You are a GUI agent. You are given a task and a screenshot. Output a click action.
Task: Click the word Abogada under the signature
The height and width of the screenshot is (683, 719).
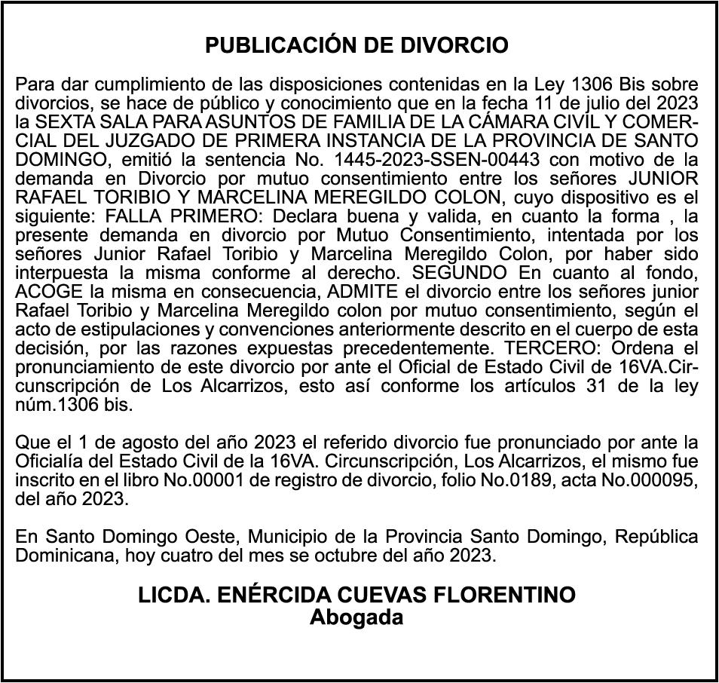[x=357, y=617]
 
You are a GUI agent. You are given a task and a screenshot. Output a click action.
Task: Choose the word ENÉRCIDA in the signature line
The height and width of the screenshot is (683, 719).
[x=268, y=596]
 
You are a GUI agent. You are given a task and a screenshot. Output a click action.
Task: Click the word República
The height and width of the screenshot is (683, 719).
[x=656, y=537]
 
